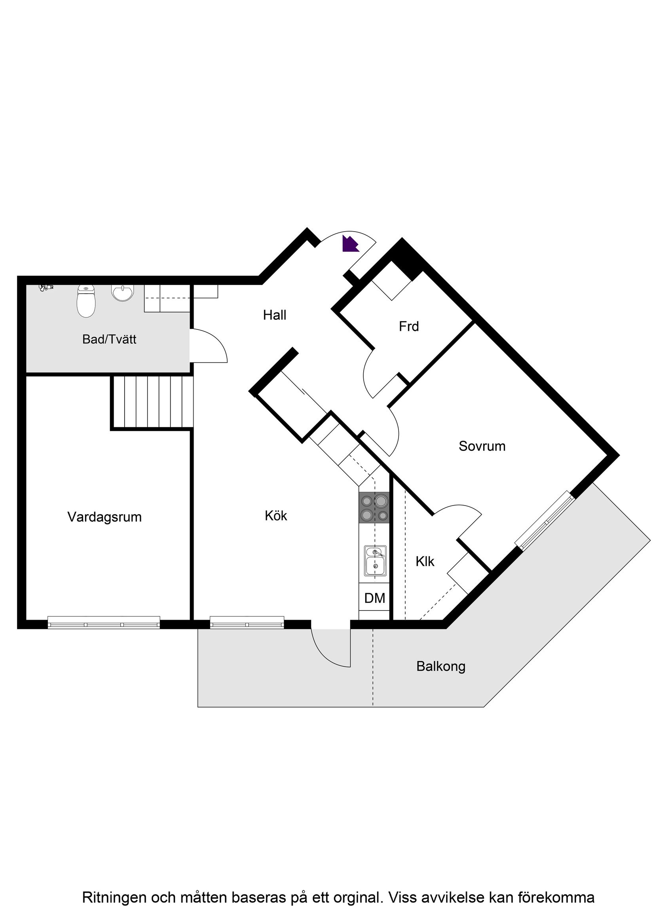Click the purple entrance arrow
pos(349,244)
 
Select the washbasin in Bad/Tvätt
pos(122,294)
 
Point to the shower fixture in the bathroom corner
pos(46,287)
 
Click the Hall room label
pos(274,315)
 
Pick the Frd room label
pos(409,326)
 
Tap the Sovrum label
pos(482,446)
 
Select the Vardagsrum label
pos(104,517)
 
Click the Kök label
pos(276,516)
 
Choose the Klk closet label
pos(425,561)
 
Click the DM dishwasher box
pos(374,599)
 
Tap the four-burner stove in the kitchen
pos(374,508)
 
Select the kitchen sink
pos(375,561)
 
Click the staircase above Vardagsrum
pos(152,401)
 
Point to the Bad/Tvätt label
pos(109,339)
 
